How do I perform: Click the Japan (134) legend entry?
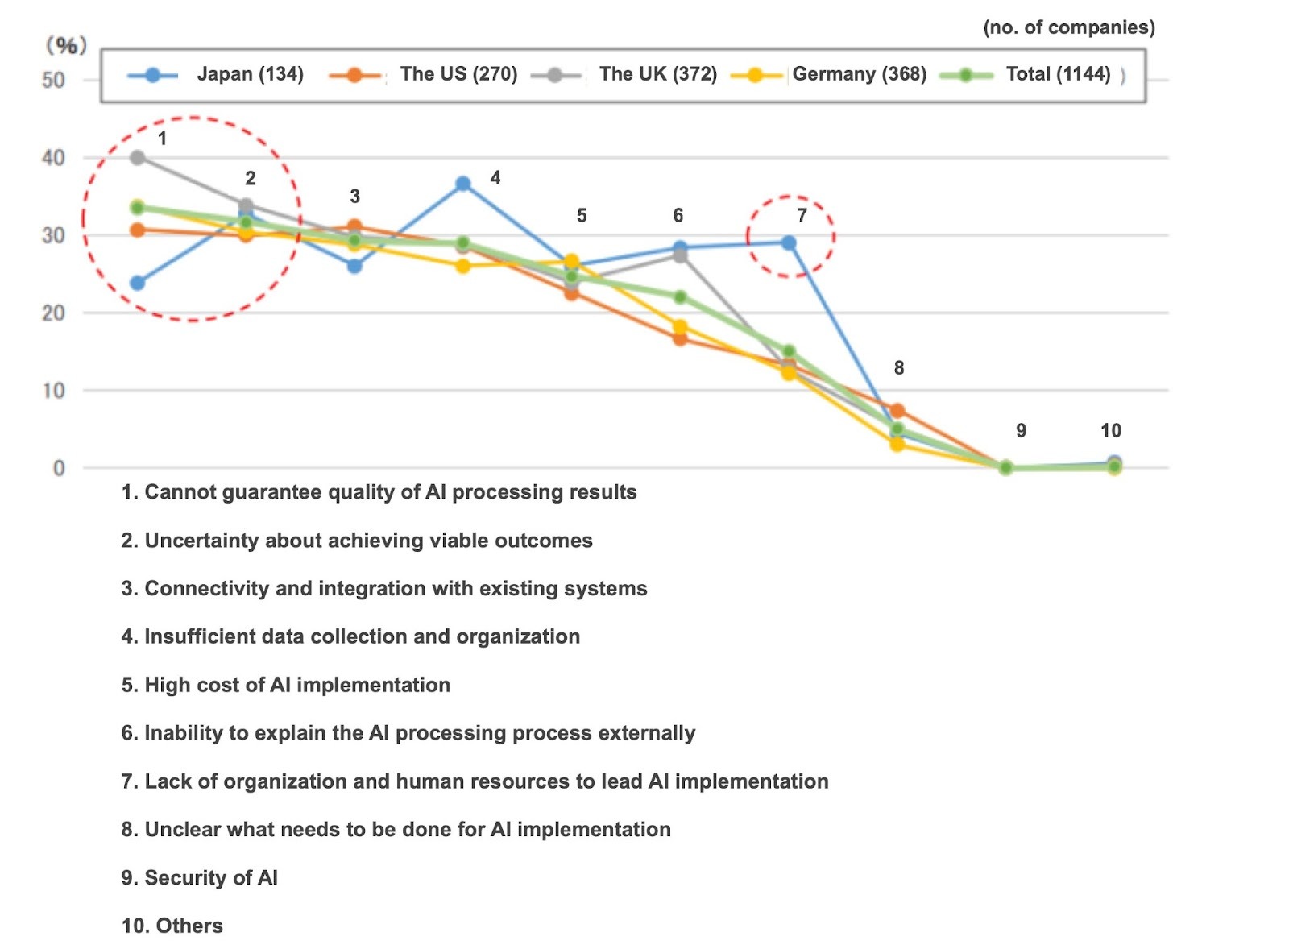coord(216,75)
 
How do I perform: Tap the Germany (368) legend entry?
coord(830,75)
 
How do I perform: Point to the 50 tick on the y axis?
coord(53,80)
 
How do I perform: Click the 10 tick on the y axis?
coord(53,391)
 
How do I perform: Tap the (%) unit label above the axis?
coord(66,45)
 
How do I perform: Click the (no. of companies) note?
coord(1068,27)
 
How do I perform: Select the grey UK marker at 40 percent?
coord(138,157)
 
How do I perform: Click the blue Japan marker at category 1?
coord(138,283)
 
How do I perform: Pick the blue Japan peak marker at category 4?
coord(463,184)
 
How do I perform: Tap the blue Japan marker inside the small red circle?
coord(789,243)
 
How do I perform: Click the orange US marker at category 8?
coord(897,411)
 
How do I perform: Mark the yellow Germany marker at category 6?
coord(680,327)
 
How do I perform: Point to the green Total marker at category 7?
coord(789,351)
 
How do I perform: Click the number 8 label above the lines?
coord(899,368)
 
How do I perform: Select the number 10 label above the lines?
coord(1111,431)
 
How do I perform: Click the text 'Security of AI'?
coord(211,877)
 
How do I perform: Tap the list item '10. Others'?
coord(172,926)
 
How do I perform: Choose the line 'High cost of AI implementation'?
coord(297,685)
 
